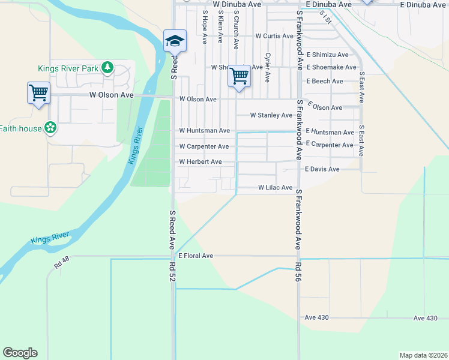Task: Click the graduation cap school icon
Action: (x=175, y=40)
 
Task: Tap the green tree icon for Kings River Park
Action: (x=107, y=67)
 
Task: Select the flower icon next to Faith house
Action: (x=51, y=128)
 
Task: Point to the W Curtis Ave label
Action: (x=274, y=36)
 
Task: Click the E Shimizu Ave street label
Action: (x=327, y=55)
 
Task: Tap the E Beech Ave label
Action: (x=325, y=81)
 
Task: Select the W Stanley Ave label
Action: (x=271, y=115)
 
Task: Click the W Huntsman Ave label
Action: (x=204, y=130)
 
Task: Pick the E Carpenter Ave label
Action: (x=330, y=145)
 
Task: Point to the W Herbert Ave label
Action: (x=200, y=162)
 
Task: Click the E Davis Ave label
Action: (x=322, y=169)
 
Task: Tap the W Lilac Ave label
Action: (x=275, y=188)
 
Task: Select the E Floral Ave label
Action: (x=195, y=256)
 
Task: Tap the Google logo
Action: (x=20, y=353)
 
